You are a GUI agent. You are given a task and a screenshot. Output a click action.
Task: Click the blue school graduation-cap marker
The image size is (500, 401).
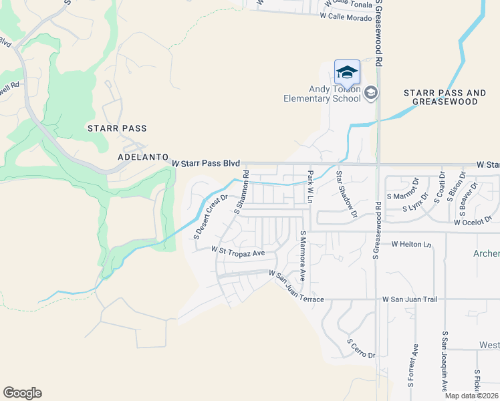(347, 72)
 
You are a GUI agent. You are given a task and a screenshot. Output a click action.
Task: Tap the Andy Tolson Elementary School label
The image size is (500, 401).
(334, 94)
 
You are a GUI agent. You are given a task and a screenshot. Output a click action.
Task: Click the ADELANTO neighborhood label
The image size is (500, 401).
(142, 157)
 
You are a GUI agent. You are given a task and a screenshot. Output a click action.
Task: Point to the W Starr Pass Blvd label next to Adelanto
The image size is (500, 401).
(206, 163)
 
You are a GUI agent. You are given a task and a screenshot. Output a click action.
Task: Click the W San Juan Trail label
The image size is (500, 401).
(410, 299)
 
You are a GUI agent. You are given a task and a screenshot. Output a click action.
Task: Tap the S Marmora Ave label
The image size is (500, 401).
(303, 255)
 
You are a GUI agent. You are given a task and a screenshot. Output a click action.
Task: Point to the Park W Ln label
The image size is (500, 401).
(310, 185)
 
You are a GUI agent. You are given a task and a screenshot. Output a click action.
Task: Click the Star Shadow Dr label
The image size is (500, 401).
(346, 194)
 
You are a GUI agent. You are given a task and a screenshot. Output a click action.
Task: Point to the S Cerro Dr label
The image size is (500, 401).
(361, 348)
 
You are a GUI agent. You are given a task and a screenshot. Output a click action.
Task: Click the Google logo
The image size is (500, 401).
(22, 393)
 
